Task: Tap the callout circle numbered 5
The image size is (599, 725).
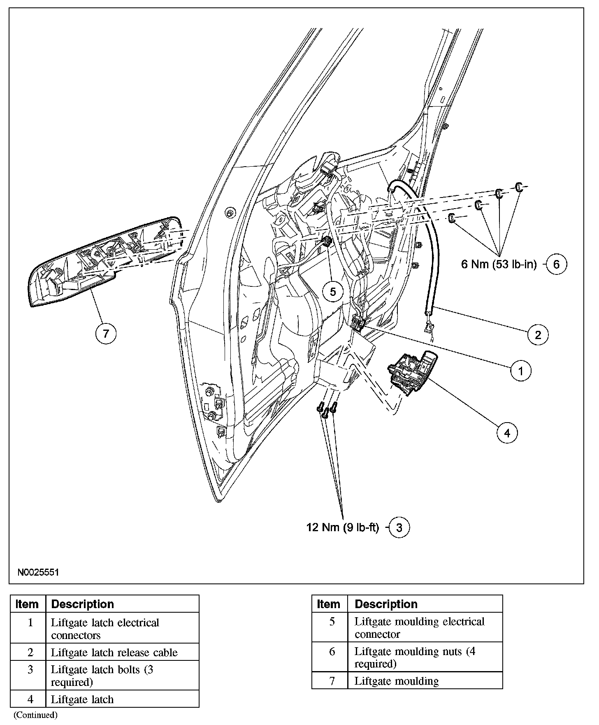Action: tap(333, 292)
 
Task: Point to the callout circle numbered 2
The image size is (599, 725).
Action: tap(538, 335)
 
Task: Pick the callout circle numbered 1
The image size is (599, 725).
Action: tap(520, 371)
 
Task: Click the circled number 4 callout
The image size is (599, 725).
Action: tap(507, 433)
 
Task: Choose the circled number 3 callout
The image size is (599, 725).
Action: tap(399, 527)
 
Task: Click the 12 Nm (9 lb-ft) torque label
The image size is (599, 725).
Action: tap(342, 527)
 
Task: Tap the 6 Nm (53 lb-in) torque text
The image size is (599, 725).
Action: tap(499, 264)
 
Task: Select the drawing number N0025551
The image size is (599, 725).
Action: tap(38, 572)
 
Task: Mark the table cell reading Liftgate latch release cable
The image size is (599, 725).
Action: tap(114, 653)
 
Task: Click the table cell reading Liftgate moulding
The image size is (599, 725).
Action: tap(397, 681)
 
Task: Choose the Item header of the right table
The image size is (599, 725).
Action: tap(329, 604)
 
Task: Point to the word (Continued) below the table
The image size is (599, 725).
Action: tap(35, 715)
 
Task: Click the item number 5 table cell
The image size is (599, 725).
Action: tap(332, 622)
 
